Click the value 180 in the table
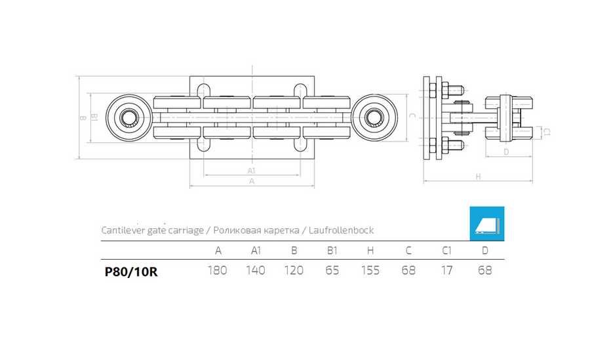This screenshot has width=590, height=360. pyautogui.click(x=218, y=271)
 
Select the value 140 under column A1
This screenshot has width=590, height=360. pyautogui.click(x=255, y=271)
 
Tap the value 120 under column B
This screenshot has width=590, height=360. pyautogui.click(x=294, y=271)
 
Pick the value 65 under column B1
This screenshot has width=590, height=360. pyautogui.click(x=332, y=271)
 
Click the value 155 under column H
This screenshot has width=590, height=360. pyautogui.click(x=370, y=271)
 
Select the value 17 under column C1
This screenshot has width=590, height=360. pyautogui.click(x=446, y=271)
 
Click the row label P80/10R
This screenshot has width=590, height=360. pyautogui.click(x=130, y=271)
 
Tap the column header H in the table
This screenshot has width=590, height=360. pyautogui.click(x=370, y=250)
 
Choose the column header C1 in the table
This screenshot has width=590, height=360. pyautogui.click(x=446, y=250)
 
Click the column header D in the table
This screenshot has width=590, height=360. pyautogui.click(x=484, y=250)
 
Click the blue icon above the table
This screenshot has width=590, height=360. pyautogui.click(x=486, y=224)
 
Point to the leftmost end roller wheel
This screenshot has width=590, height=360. pyautogui.click(x=127, y=118)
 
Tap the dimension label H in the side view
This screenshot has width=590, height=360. pyautogui.click(x=478, y=176)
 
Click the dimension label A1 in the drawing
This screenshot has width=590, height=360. pyautogui.click(x=251, y=170)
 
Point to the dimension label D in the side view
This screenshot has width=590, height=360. pyautogui.click(x=505, y=151)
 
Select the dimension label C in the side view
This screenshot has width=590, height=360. pyautogui.click(x=411, y=116)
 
